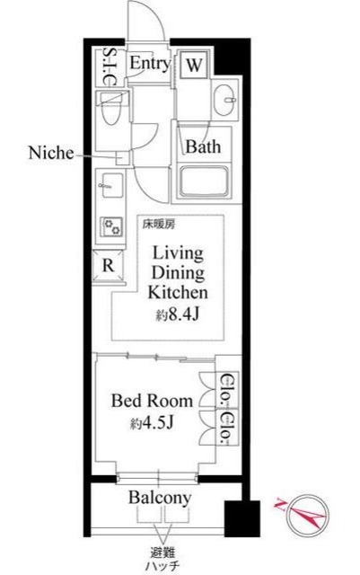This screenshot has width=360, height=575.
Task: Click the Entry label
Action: click(x=150, y=63)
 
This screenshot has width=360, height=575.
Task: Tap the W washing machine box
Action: click(x=194, y=65)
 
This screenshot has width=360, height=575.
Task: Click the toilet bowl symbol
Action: click(x=111, y=109)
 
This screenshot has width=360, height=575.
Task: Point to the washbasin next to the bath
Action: click(x=225, y=100)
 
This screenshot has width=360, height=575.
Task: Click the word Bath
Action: click(x=203, y=146)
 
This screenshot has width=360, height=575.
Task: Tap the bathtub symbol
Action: click(x=204, y=182)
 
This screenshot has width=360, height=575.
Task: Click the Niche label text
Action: click(x=51, y=153)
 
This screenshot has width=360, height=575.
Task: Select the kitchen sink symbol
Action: click(x=110, y=186)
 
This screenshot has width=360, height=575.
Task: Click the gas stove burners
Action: click(x=112, y=226)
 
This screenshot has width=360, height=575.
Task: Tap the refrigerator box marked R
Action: click(x=108, y=265)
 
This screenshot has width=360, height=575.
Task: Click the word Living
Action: click(x=178, y=253)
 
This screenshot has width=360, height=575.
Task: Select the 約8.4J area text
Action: click(x=178, y=314)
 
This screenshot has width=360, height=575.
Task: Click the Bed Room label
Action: click(x=152, y=401)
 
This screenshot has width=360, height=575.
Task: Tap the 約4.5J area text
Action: click(x=152, y=423)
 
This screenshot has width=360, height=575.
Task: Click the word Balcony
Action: click(x=160, y=498)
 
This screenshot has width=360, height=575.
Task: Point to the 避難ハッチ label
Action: click(x=162, y=559)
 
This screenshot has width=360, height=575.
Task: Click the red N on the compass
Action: click(x=280, y=506)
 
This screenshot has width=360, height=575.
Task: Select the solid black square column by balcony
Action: click(x=242, y=518)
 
